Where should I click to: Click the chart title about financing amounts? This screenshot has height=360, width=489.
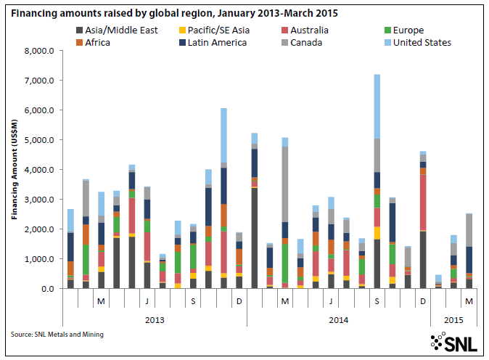[173, 13]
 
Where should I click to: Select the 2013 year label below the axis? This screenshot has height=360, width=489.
[155, 319]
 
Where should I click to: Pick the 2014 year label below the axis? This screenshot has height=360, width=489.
[339, 319]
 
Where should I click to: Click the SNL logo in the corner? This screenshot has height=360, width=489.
[454, 341]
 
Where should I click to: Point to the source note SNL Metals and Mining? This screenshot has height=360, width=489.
[57, 334]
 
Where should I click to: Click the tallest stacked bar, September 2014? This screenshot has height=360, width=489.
[377, 181]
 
